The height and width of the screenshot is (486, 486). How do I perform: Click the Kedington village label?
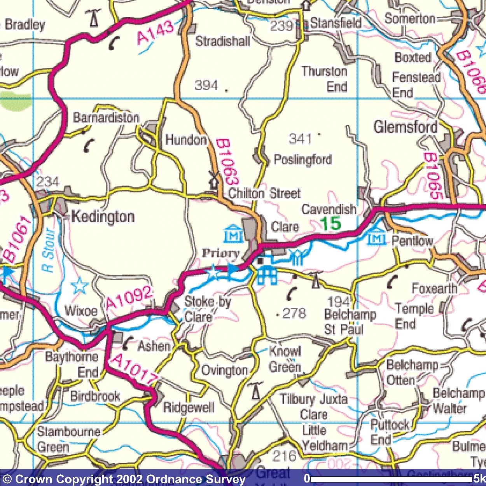pyautogui.click(x=103, y=217)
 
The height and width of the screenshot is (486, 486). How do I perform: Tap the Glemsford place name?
pyautogui.click(x=405, y=127)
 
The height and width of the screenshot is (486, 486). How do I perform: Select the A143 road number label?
pyautogui.click(x=155, y=33)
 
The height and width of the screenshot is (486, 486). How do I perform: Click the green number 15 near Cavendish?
pyautogui.click(x=330, y=224)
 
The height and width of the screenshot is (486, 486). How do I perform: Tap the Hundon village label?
pyautogui.click(x=186, y=140)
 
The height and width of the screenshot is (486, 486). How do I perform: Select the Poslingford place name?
pyautogui.click(x=302, y=159)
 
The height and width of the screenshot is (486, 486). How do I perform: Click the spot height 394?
pyautogui.click(x=206, y=85)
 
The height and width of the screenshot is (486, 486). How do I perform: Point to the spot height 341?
pyautogui.click(x=300, y=138)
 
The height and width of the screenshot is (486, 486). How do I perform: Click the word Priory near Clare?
pyautogui.click(x=220, y=253)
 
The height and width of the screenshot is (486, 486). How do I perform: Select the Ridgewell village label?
pyautogui.click(x=188, y=407)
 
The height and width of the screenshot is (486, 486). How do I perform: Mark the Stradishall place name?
pyautogui.click(x=222, y=41)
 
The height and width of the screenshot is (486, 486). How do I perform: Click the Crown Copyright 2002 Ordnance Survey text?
pyautogui.click(x=124, y=479)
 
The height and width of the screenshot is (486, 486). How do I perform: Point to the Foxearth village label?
pyautogui.click(x=434, y=288)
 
